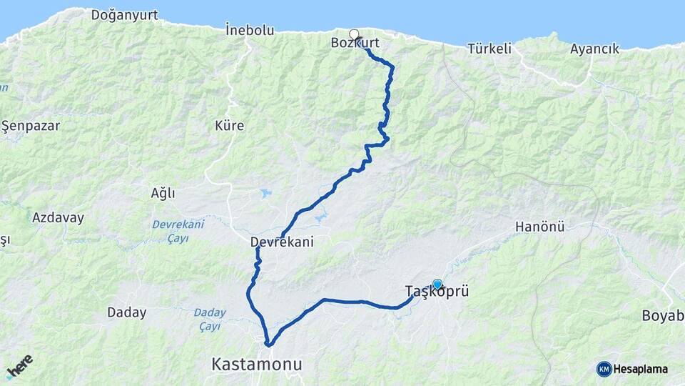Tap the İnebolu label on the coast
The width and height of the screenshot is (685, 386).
250,30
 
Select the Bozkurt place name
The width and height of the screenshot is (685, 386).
355,44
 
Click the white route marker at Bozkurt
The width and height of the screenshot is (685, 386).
354,34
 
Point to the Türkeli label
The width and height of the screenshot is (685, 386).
490,49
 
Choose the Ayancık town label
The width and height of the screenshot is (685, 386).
594,49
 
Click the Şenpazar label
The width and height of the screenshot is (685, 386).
31,126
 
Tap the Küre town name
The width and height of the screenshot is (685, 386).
230,126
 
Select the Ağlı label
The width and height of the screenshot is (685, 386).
163,193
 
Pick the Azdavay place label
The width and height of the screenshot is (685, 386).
58,217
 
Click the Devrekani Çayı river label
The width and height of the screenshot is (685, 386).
178,231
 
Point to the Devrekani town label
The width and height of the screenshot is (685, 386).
282,243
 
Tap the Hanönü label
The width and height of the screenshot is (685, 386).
540,227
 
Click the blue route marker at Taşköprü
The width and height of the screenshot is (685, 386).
437,284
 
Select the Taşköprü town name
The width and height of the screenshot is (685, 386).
436,292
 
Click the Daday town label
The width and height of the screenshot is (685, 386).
126,312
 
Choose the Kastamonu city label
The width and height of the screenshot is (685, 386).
257,365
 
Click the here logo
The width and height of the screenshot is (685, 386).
19,366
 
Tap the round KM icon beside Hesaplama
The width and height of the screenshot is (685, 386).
604,369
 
